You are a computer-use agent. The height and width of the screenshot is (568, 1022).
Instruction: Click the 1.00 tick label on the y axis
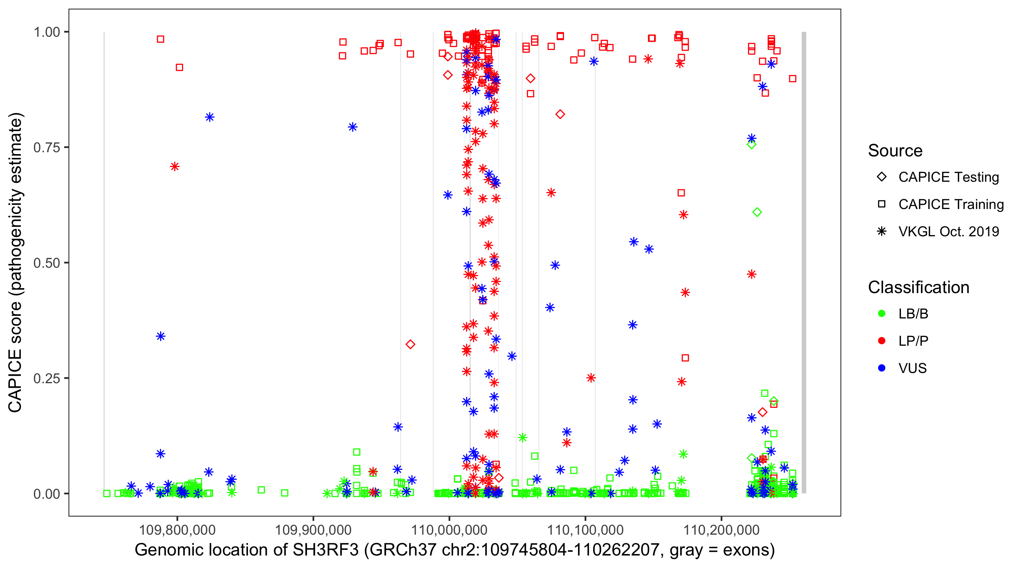(47, 32)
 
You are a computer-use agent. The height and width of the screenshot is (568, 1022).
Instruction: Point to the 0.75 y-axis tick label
(47, 148)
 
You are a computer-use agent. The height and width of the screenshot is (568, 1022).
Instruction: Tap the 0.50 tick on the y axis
(47, 263)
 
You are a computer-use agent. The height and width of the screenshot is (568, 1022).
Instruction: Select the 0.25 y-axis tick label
(47, 378)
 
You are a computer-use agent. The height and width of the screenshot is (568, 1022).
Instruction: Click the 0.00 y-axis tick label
(47, 494)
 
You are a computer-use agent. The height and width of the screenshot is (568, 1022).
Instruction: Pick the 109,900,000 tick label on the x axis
(313, 530)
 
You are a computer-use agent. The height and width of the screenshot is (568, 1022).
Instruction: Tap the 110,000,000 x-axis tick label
(449, 530)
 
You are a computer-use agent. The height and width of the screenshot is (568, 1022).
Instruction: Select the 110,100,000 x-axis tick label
(585, 530)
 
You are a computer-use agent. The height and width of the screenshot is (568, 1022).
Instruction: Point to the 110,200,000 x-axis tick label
(721, 530)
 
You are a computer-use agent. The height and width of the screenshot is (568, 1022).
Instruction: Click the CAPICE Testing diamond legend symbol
(882, 177)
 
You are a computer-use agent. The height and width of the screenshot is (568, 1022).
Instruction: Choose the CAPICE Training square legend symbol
(882, 204)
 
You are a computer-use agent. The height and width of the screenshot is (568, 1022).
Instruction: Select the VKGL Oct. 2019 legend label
(949, 232)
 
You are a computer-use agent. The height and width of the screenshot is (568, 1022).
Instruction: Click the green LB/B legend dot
(882, 314)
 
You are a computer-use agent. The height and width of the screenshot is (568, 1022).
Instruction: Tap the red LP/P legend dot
(882, 341)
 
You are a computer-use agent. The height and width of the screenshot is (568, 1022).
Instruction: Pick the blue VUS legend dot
(882, 368)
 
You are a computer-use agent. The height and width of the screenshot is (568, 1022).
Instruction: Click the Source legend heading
(895, 151)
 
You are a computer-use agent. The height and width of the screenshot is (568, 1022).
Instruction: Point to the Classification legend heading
(918, 287)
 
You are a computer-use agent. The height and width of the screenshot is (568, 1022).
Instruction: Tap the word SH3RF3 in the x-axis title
(325, 550)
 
